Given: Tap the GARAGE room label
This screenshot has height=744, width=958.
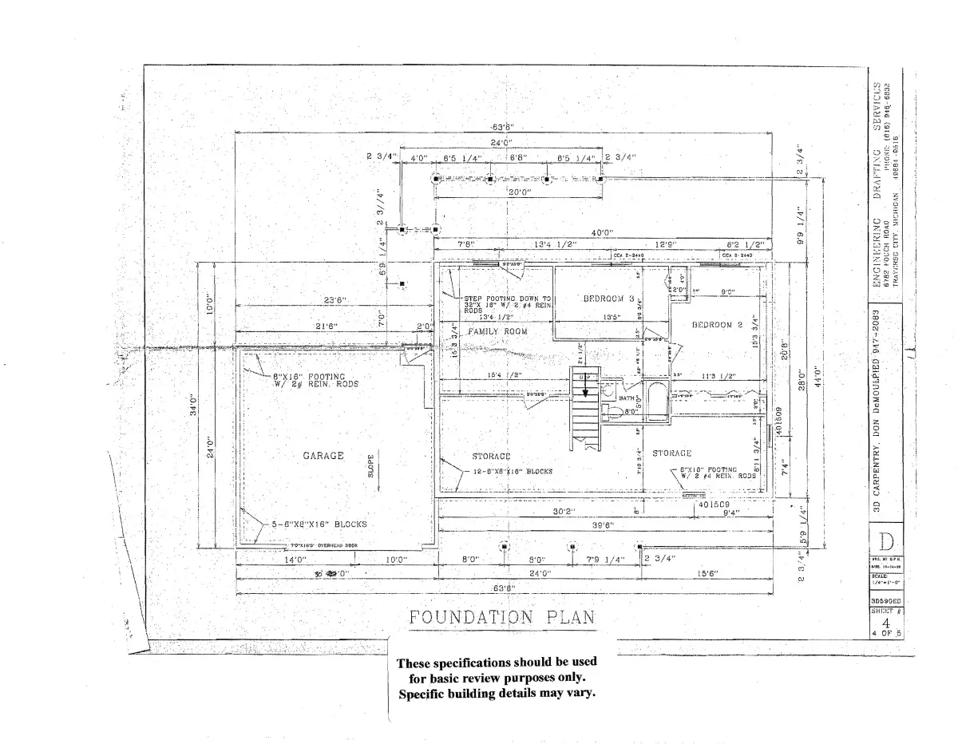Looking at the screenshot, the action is (323, 456).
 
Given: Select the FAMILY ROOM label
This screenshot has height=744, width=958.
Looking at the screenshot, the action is (497, 330).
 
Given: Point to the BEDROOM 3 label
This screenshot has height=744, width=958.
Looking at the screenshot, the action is (608, 299).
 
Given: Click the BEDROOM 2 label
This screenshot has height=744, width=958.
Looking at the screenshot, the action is (717, 325).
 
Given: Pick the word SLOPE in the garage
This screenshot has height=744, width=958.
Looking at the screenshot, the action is (371, 465).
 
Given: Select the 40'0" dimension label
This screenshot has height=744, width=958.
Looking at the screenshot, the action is (602, 233).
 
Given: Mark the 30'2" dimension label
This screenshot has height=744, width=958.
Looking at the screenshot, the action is (564, 511).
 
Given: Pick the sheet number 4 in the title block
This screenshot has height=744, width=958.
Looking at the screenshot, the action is (885, 623).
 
